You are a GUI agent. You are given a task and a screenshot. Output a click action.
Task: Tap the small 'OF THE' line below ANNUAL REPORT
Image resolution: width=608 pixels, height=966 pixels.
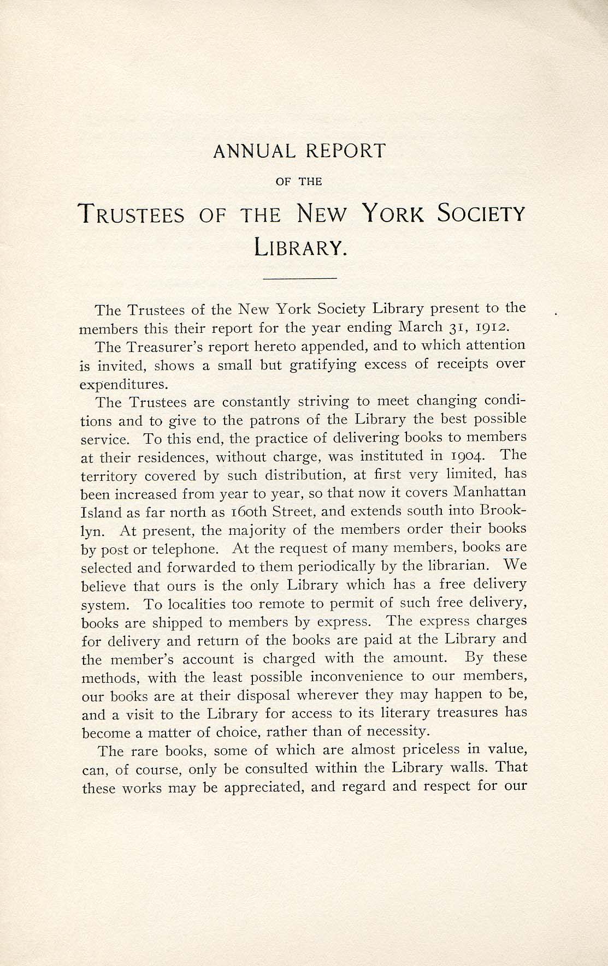coord(300,182)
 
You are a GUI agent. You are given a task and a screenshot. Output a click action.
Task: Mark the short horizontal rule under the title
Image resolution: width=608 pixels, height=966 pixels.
coord(300,279)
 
